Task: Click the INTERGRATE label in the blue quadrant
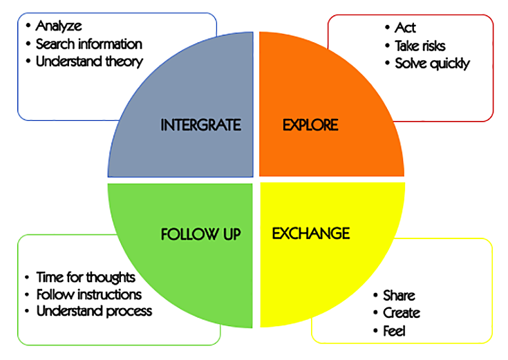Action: point(200,125)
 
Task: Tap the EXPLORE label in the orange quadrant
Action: point(310,125)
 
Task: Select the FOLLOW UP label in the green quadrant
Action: point(200,234)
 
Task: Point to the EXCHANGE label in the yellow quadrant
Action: point(310,233)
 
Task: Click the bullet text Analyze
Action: point(59,26)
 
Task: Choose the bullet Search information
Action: point(88,44)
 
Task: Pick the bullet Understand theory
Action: point(89,61)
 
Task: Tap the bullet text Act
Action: point(405,28)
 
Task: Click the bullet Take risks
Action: point(420,46)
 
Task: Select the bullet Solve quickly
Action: point(432,64)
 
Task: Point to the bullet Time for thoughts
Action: point(86,277)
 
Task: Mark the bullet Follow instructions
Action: point(89,294)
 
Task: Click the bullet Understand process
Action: point(94,311)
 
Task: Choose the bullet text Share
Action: point(399,295)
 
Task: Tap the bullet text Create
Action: point(401,313)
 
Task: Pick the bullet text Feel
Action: point(394,331)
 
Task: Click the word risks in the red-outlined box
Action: point(433,46)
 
